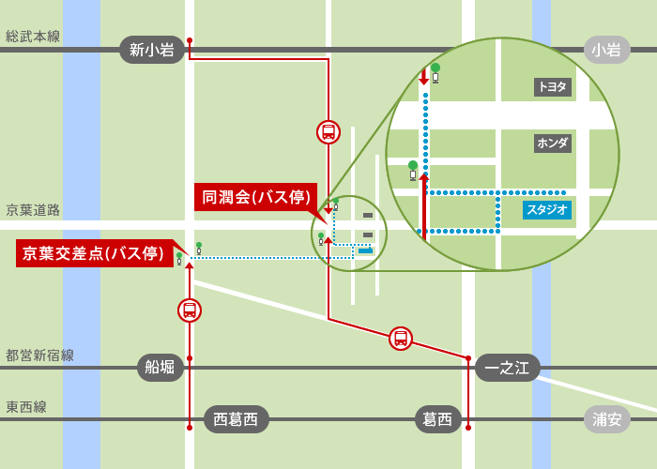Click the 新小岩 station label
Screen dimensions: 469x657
coord(152,50)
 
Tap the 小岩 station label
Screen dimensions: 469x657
coord(606,50)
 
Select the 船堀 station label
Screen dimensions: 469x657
coord(160,367)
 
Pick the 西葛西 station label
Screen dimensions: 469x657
coord(236,419)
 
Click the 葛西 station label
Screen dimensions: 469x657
coord(437,419)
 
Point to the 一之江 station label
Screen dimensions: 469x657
coord(508,367)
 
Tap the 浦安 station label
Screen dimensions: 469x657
coord(606,419)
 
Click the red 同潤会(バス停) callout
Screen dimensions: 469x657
coord(255,197)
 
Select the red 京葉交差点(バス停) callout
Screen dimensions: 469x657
coord(94,253)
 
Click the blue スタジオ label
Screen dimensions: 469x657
coord(547,210)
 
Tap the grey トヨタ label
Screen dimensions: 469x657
coord(553,87)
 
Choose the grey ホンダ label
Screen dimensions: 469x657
coord(553,144)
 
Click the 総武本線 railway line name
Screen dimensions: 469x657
coord(33,37)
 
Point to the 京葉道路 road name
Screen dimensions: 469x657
coord(33,210)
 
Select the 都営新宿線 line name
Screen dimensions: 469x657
coord(39,356)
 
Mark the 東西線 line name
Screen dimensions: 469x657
coord(26,407)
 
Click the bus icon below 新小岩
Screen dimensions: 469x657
coord(328,131)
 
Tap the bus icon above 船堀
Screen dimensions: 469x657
coord(190,310)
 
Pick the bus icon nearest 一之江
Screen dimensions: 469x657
coord(401,339)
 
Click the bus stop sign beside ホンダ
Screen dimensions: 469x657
coord(412,170)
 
